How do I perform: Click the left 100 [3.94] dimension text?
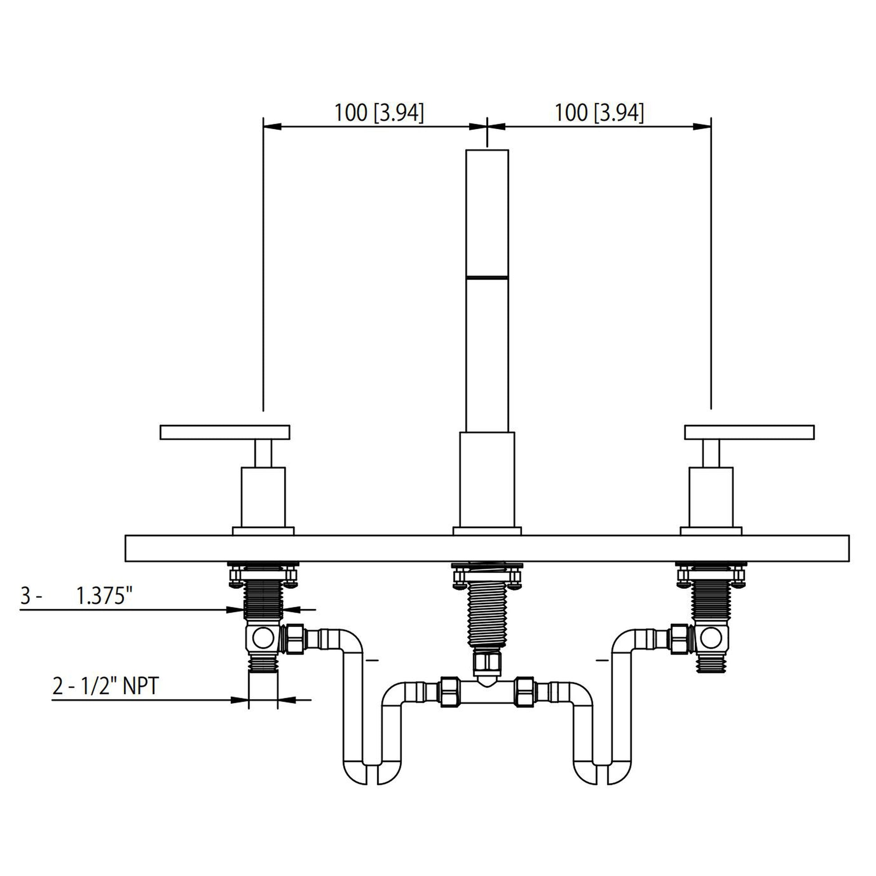(x=379, y=113)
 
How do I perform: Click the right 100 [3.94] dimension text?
(x=599, y=113)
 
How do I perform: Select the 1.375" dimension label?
(x=104, y=596)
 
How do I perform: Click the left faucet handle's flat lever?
(x=225, y=432)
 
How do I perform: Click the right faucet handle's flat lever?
(x=749, y=432)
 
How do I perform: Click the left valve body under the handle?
(x=263, y=497)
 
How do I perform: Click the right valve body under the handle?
(x=710, y=497)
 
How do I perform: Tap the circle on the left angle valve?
(x=263, y=639)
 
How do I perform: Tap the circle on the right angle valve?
(x=710, y=638)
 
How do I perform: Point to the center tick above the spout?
(x=487, y=131)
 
